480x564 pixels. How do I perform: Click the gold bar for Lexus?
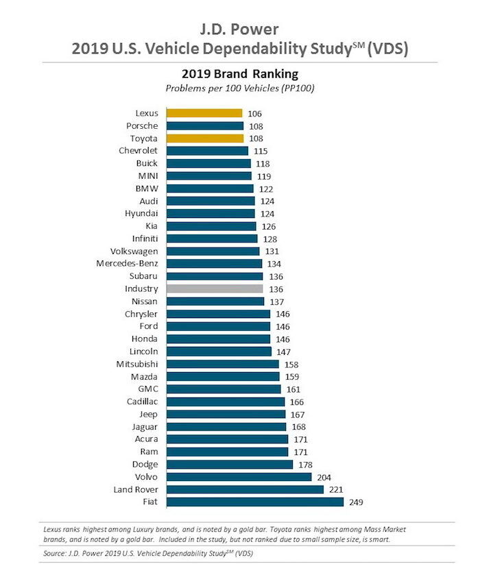pyautogui.click(x=204, y=113)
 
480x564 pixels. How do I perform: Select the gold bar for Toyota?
pyautogui.click(x=204, y=138)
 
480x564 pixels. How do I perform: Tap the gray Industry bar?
pyautogui.click(x=214, y=289)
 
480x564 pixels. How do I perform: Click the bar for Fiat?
pyautogui.click(x=254, y=502)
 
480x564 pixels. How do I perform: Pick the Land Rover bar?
pyautogui.click(x=244, y=489)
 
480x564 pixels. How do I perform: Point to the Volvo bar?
pyautogui.click(x=238, y=477)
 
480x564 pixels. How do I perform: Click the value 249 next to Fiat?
pyautogui.click(x=356, y=502)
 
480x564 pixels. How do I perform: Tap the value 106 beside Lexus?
pyautogui.click(x=255, y=114)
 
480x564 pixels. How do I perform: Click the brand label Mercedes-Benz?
pyautogui.click(x=127, y=264)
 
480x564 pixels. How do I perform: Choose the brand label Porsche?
pyautogui.click(x=142, y=126)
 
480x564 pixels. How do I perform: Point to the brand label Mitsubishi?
pyautogui.click(x=134, y=364)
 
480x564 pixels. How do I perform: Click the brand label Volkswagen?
pyautogui.click(x=134, y=252)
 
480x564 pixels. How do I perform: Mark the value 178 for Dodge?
pyautogui.click(x=306, y=465)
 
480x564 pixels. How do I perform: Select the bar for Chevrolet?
pyautogui.click(x=207, y=151)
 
